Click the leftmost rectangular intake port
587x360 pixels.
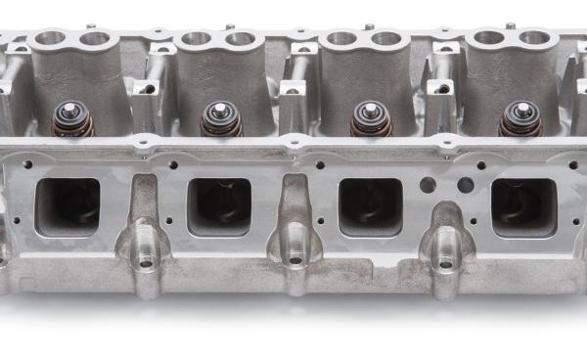[x=68, y=206]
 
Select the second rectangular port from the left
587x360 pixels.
[x=219, y=206]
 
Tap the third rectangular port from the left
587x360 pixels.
[x=370, y=206]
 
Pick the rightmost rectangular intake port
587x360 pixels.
[x=522, y=206]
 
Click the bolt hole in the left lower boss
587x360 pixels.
[x=146, y=262]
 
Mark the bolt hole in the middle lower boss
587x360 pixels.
[x=296, y=262]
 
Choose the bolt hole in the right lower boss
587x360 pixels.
[x=446, y=262]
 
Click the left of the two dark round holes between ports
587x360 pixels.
[x=428, y=185]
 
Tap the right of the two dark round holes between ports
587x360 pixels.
[x=465, y=185]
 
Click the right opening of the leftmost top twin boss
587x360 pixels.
[x=94, y=39]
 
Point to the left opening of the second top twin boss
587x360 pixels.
[x=196, y=39]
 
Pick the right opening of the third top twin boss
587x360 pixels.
[x=387, y=39]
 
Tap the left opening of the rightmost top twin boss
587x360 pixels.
[x=489, y=38]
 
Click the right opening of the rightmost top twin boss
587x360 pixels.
[x=534, y=38]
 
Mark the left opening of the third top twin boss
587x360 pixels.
[x=342, y=39]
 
